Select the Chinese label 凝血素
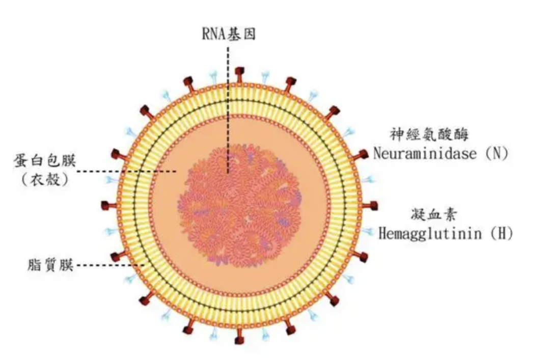coord(433,214)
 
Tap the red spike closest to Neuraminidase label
coord(363,154)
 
